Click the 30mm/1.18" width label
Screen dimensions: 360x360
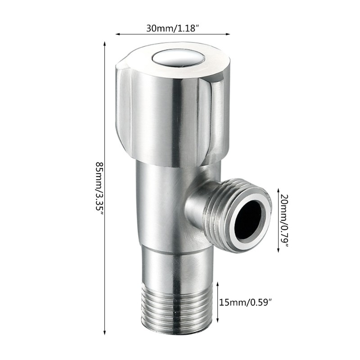[173, 28]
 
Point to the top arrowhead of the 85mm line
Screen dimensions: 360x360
[105, 44]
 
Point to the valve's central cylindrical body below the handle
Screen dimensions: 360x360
[162, 202]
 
